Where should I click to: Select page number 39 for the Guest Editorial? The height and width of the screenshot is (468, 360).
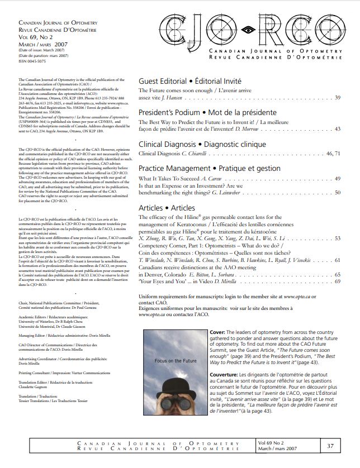coord(337,98)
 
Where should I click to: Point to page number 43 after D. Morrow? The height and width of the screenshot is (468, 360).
coord(337,129)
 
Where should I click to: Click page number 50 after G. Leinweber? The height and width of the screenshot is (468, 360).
coord(337,192)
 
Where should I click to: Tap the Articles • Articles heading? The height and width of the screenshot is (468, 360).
coord(167,207)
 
